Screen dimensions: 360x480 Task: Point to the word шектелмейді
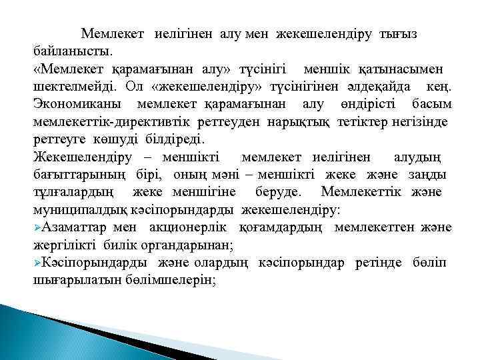point(73,87)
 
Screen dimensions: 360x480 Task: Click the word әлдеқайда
point(370,87)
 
